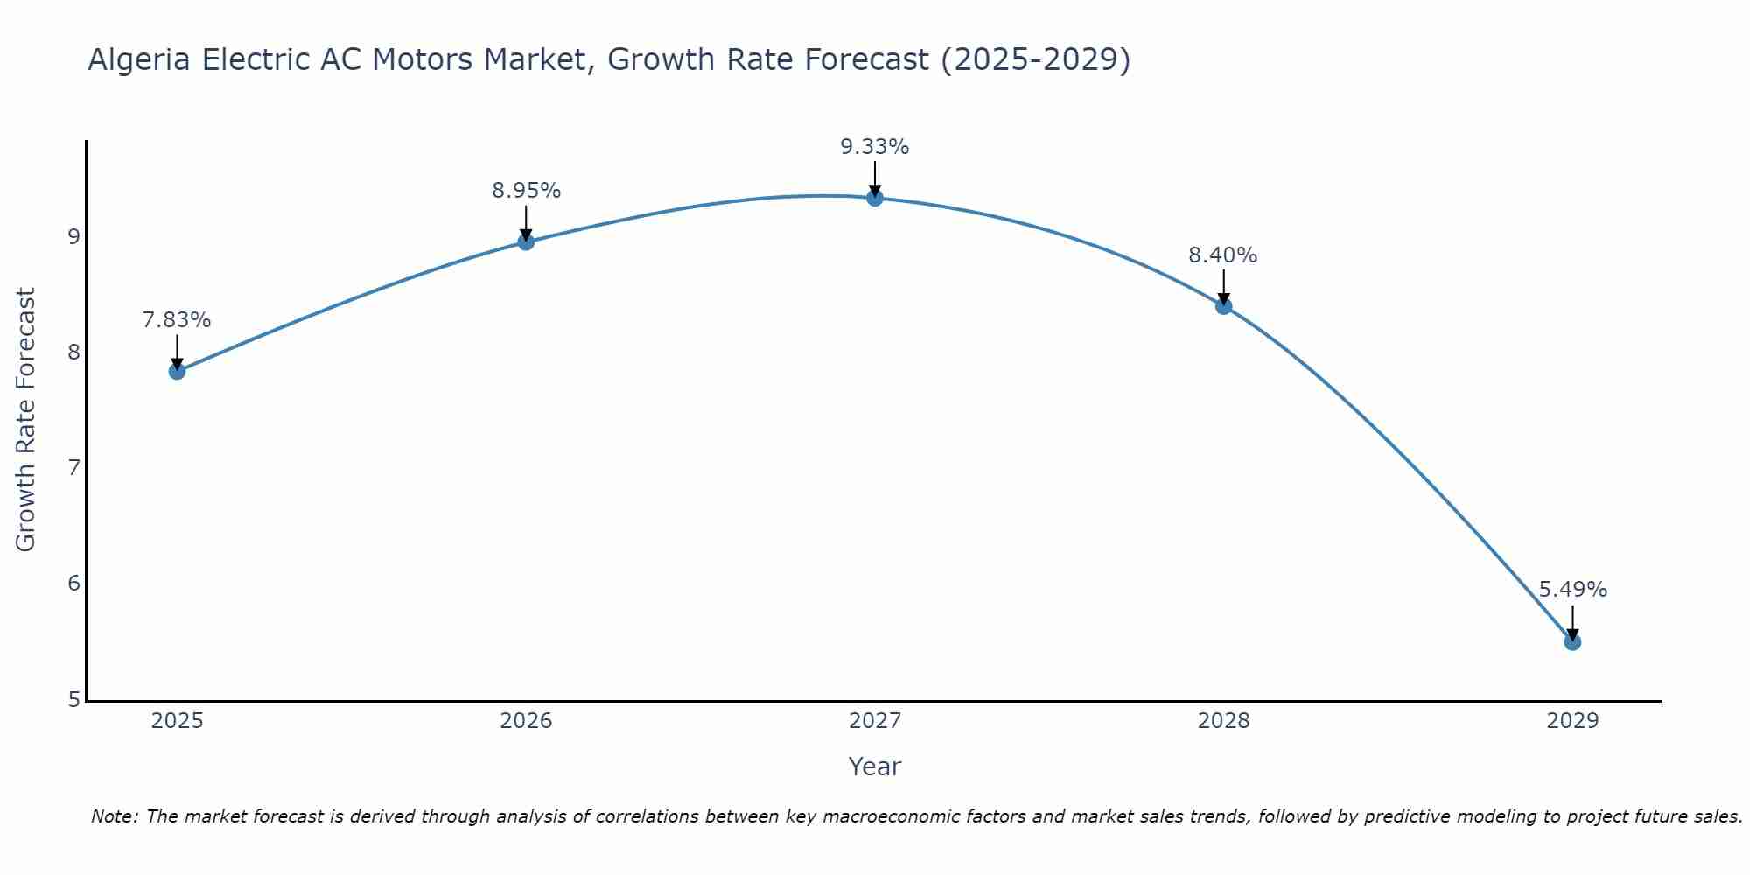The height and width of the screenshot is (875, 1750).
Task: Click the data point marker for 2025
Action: coord(177,371)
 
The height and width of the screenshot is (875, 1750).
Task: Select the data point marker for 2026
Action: coord(526,241)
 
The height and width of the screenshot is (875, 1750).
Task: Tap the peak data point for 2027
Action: coord(874,198)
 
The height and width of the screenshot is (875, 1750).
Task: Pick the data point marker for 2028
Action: coord(1223,305)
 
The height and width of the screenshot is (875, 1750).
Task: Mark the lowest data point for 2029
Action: coord(1572,641)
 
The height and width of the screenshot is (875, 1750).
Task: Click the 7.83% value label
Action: coord(177,320)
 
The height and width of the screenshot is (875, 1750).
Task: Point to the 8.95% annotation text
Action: coord(526,191)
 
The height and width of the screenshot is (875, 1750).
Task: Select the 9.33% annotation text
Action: coord(874,147)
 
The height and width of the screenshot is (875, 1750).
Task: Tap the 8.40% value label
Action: coord(1222,255)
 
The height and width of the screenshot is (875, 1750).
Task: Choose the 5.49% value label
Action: coord(1572,590)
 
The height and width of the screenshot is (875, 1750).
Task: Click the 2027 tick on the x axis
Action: coord(874,721)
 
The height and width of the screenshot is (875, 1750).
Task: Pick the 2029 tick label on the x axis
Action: coord(1572,721)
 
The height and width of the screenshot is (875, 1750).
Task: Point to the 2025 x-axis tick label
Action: coord(177,721)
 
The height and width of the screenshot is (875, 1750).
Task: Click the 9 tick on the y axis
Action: coord(73,236)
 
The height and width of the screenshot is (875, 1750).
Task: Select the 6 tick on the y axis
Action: coord(73,584)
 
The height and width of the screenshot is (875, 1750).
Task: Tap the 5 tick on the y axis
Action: coord(73,699)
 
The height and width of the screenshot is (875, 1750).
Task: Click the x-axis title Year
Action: coord(874,766)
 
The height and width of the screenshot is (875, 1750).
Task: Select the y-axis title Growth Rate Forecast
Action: coord(26,420)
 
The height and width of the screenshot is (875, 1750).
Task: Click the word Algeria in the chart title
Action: coord(140,59)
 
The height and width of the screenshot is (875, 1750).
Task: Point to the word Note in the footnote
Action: coord(113,816)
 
